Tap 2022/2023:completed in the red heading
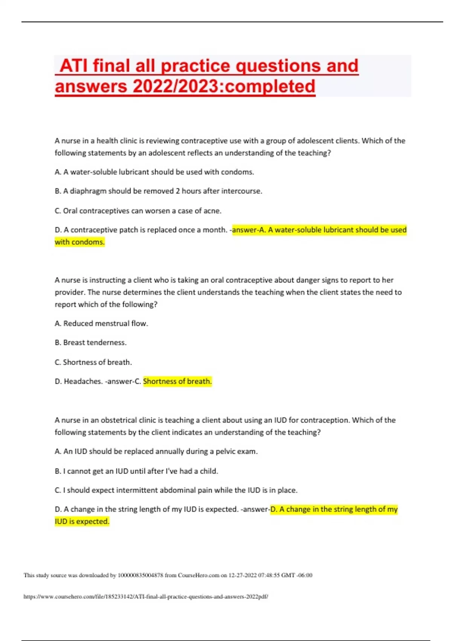tap(223, 86)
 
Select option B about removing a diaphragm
tap(158, 191)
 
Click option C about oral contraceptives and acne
tap(138, 211)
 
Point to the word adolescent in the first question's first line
tap(317, 141)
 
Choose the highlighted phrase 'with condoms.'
tap(79, 242)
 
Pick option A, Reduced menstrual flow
tap(101, 324)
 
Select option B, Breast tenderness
tap(90, 343)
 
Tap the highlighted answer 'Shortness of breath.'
tap(177, 382)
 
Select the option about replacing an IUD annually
tap(156, 452)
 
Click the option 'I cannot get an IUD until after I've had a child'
tap(136, 471)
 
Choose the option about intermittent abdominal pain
tap(176, 491)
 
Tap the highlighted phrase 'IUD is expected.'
tap(82, 521)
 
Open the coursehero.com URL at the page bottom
tap(146, 597)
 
